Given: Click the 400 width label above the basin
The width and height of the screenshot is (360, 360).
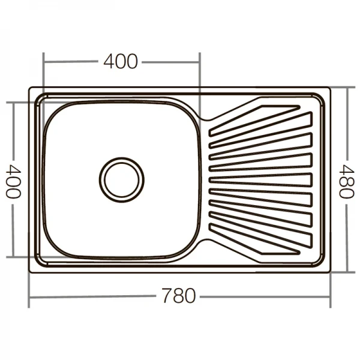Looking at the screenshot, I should [121, 61].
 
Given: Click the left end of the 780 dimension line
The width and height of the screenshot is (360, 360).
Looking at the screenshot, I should [30, 296].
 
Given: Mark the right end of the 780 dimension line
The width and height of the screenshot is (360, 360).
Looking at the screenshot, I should [330, 296].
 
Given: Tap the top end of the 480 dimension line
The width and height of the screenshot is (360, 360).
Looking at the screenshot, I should [347, 88].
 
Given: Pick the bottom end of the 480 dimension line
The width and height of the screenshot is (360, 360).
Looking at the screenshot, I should [347, 271].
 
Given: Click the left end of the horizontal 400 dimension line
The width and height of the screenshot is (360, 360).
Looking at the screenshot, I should [44, 61].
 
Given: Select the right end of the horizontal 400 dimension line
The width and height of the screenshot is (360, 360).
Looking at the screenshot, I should [199, 61].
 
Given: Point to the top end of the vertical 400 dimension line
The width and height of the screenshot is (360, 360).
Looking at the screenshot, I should [14, 103].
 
